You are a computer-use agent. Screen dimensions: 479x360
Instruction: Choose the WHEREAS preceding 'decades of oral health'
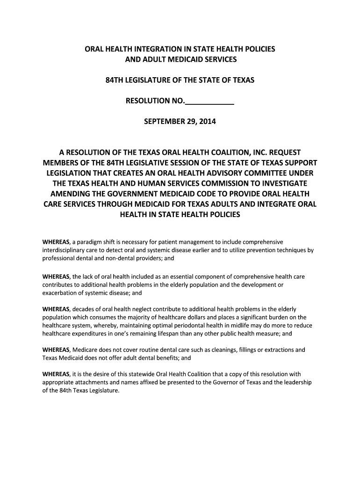click(56, 309)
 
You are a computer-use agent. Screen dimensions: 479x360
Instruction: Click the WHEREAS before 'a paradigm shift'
click(56, 242)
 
